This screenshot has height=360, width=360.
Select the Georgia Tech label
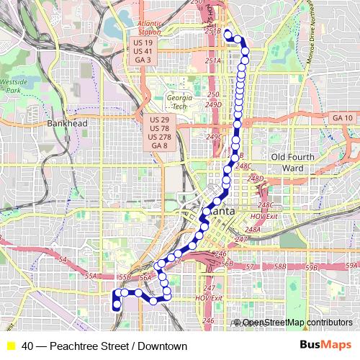point(179,102)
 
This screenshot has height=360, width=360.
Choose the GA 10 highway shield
point(343,117)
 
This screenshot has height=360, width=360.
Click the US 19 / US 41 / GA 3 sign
point(143,51)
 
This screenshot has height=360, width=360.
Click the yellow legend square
point(10,346)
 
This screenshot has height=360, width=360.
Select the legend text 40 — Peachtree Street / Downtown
point(104,346)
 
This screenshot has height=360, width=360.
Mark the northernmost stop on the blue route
point(228,34)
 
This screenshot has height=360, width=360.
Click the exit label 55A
point(91,275)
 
